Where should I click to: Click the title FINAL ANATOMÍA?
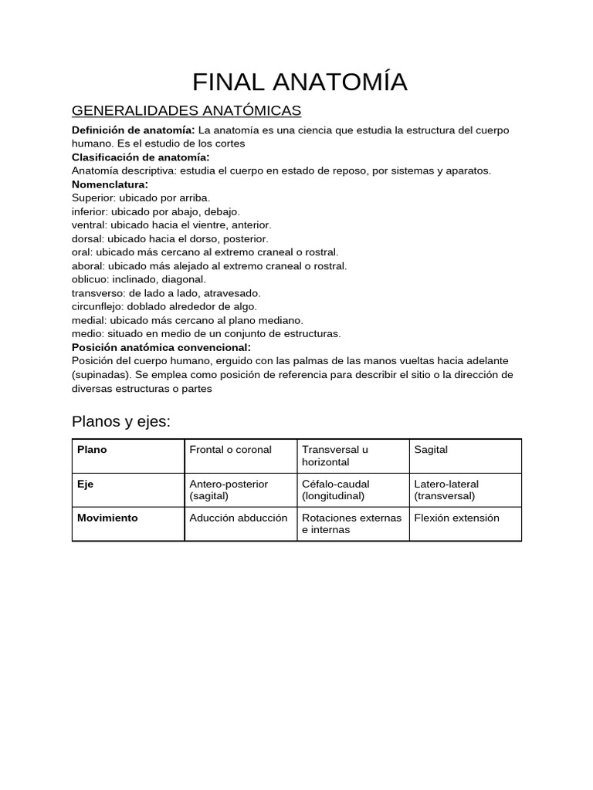[300, 82]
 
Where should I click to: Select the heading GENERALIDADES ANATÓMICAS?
[186, 110]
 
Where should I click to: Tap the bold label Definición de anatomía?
[133, 130]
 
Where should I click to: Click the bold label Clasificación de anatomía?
[141, 157]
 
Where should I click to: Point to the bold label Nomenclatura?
[110, 184]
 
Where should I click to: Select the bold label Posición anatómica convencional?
[161, 347]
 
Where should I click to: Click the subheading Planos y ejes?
[121, 421]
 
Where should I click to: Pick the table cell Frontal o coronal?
[230, 450]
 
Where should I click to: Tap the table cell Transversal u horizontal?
[335, 456]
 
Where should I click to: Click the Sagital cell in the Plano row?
[431, 450]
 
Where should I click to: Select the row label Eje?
[85, 484]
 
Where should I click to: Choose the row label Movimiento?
[107, 518]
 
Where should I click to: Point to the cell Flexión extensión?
[456, 518]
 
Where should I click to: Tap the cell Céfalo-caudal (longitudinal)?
[335, 490]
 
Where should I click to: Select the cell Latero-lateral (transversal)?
[446, 490]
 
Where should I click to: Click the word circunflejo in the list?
[96, 306]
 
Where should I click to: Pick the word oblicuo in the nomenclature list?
[90, 279]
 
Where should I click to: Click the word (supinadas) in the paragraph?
[100, 375]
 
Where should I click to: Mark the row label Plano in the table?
[92, 450]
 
